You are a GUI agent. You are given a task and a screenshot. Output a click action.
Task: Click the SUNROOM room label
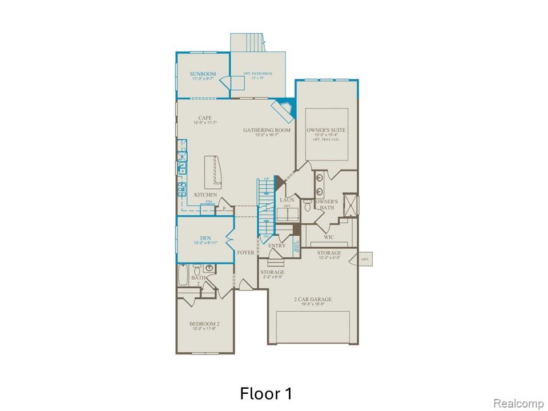(203, 74)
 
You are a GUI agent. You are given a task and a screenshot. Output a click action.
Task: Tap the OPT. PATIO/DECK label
(258, 74)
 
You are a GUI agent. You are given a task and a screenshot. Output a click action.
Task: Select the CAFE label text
(205, 118)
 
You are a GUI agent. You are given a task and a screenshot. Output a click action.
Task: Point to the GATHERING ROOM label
(267, 130)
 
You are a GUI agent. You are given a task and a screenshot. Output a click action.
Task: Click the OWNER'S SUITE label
(326, 131)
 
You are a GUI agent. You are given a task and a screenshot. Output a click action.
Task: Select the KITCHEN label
(205, 195)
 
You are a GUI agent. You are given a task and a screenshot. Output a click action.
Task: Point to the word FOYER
(246, 252)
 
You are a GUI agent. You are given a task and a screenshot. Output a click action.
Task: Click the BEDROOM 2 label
(204, 324)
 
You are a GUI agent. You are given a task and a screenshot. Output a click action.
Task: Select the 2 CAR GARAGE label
(313, 299)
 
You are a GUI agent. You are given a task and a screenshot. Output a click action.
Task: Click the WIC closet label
(328, 237)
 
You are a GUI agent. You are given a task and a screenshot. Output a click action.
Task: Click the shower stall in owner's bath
(349, 203)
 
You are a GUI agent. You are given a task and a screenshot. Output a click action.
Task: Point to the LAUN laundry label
(287, 200)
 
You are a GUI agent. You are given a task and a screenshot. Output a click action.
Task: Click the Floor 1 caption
(266, 393)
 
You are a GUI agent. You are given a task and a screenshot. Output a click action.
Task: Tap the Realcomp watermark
(518, 404)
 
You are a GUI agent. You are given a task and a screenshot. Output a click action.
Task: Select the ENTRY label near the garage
(277, 245)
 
